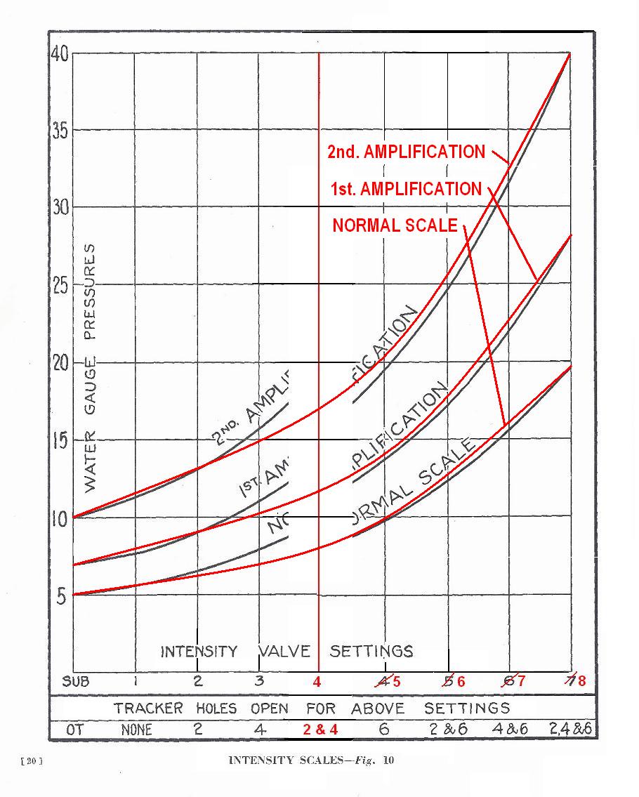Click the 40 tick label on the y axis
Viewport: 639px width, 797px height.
(x=60, y=53)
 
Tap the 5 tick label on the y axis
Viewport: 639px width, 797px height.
(x=60, y=597)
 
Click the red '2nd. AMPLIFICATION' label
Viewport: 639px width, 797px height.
(x=405, y=152)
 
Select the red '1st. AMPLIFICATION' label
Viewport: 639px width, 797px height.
(x=405, y=189)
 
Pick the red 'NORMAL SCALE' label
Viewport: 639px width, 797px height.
(x=395, y=225)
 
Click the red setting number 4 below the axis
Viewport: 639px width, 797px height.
(x=317, y=681)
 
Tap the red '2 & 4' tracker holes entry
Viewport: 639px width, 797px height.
(x=320, y=729)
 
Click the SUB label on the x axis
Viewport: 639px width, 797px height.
(x=76, y=681)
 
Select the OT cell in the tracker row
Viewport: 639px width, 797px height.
(x=74, y=729)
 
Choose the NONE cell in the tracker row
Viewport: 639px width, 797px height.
(x=137, y=729)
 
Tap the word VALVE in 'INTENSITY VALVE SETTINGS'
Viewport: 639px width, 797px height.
(x=284, y=651)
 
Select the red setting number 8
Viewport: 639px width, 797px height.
(x=581, y=681)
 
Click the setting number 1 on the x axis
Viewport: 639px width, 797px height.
(x=136, y=680)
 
